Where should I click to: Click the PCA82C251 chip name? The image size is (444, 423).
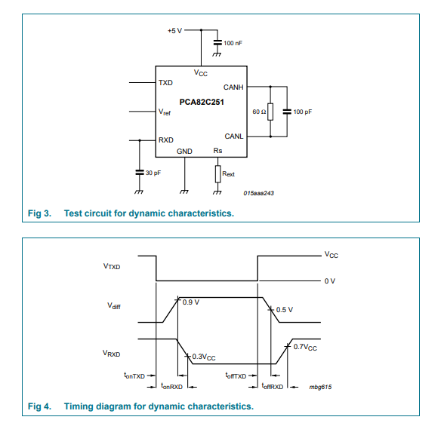(202, 102)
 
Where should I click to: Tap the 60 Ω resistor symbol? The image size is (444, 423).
(270, 112)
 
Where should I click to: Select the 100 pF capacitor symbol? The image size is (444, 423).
(287, 112)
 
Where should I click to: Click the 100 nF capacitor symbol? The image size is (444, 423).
(217, 43)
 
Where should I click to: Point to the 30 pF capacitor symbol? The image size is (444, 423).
(139, 172)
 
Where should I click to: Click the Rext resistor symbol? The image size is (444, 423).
(217, 174)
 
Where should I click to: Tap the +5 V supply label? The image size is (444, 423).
(174, 30)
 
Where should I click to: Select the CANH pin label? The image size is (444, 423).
(233, 87)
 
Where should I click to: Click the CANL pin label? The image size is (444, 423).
(234, 136)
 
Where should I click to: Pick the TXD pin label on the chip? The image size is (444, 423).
(165, 83)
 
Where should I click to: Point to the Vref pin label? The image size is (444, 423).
(165, 112)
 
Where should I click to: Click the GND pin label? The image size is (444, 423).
(184, 152)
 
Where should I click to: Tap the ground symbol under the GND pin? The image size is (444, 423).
(184, 192)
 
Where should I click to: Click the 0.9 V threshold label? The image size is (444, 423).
(191, 302)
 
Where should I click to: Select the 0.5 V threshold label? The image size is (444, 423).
(284, 310)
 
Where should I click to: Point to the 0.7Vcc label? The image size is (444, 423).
(305, 347)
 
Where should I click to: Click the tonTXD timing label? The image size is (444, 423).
(134, 375)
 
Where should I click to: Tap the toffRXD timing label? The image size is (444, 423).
(273, 386)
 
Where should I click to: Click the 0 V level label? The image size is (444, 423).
(330, 281)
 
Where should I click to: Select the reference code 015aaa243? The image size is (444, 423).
(258, 193)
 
